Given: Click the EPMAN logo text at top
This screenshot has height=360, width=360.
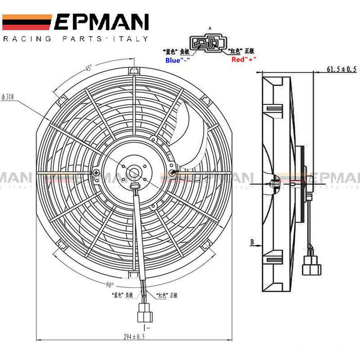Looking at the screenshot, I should (x=101, y=22).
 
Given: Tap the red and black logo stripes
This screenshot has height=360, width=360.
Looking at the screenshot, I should (x=27, y=22).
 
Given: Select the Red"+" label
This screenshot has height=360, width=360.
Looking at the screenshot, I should (x=244, y=60).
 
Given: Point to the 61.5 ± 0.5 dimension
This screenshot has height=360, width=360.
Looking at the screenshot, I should (x=341, y=68).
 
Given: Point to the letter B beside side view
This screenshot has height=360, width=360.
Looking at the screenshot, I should (x=253, y=240).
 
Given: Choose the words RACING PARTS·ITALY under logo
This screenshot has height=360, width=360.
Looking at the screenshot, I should (x=76, y=39).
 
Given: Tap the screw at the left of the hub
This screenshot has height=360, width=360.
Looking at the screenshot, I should (x=96, y=173).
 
